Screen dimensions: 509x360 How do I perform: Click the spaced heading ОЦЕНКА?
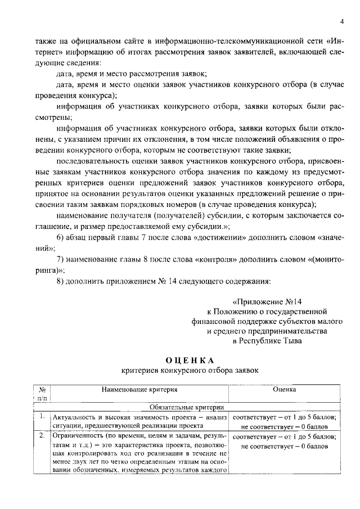tap(190, 360)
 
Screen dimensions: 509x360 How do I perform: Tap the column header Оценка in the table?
tap(284, 389)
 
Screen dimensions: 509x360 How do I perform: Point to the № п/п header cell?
tap(42, 393)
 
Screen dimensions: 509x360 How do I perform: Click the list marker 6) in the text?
tap(61, 237)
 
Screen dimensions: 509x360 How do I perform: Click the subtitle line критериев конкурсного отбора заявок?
tap(190, 371)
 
